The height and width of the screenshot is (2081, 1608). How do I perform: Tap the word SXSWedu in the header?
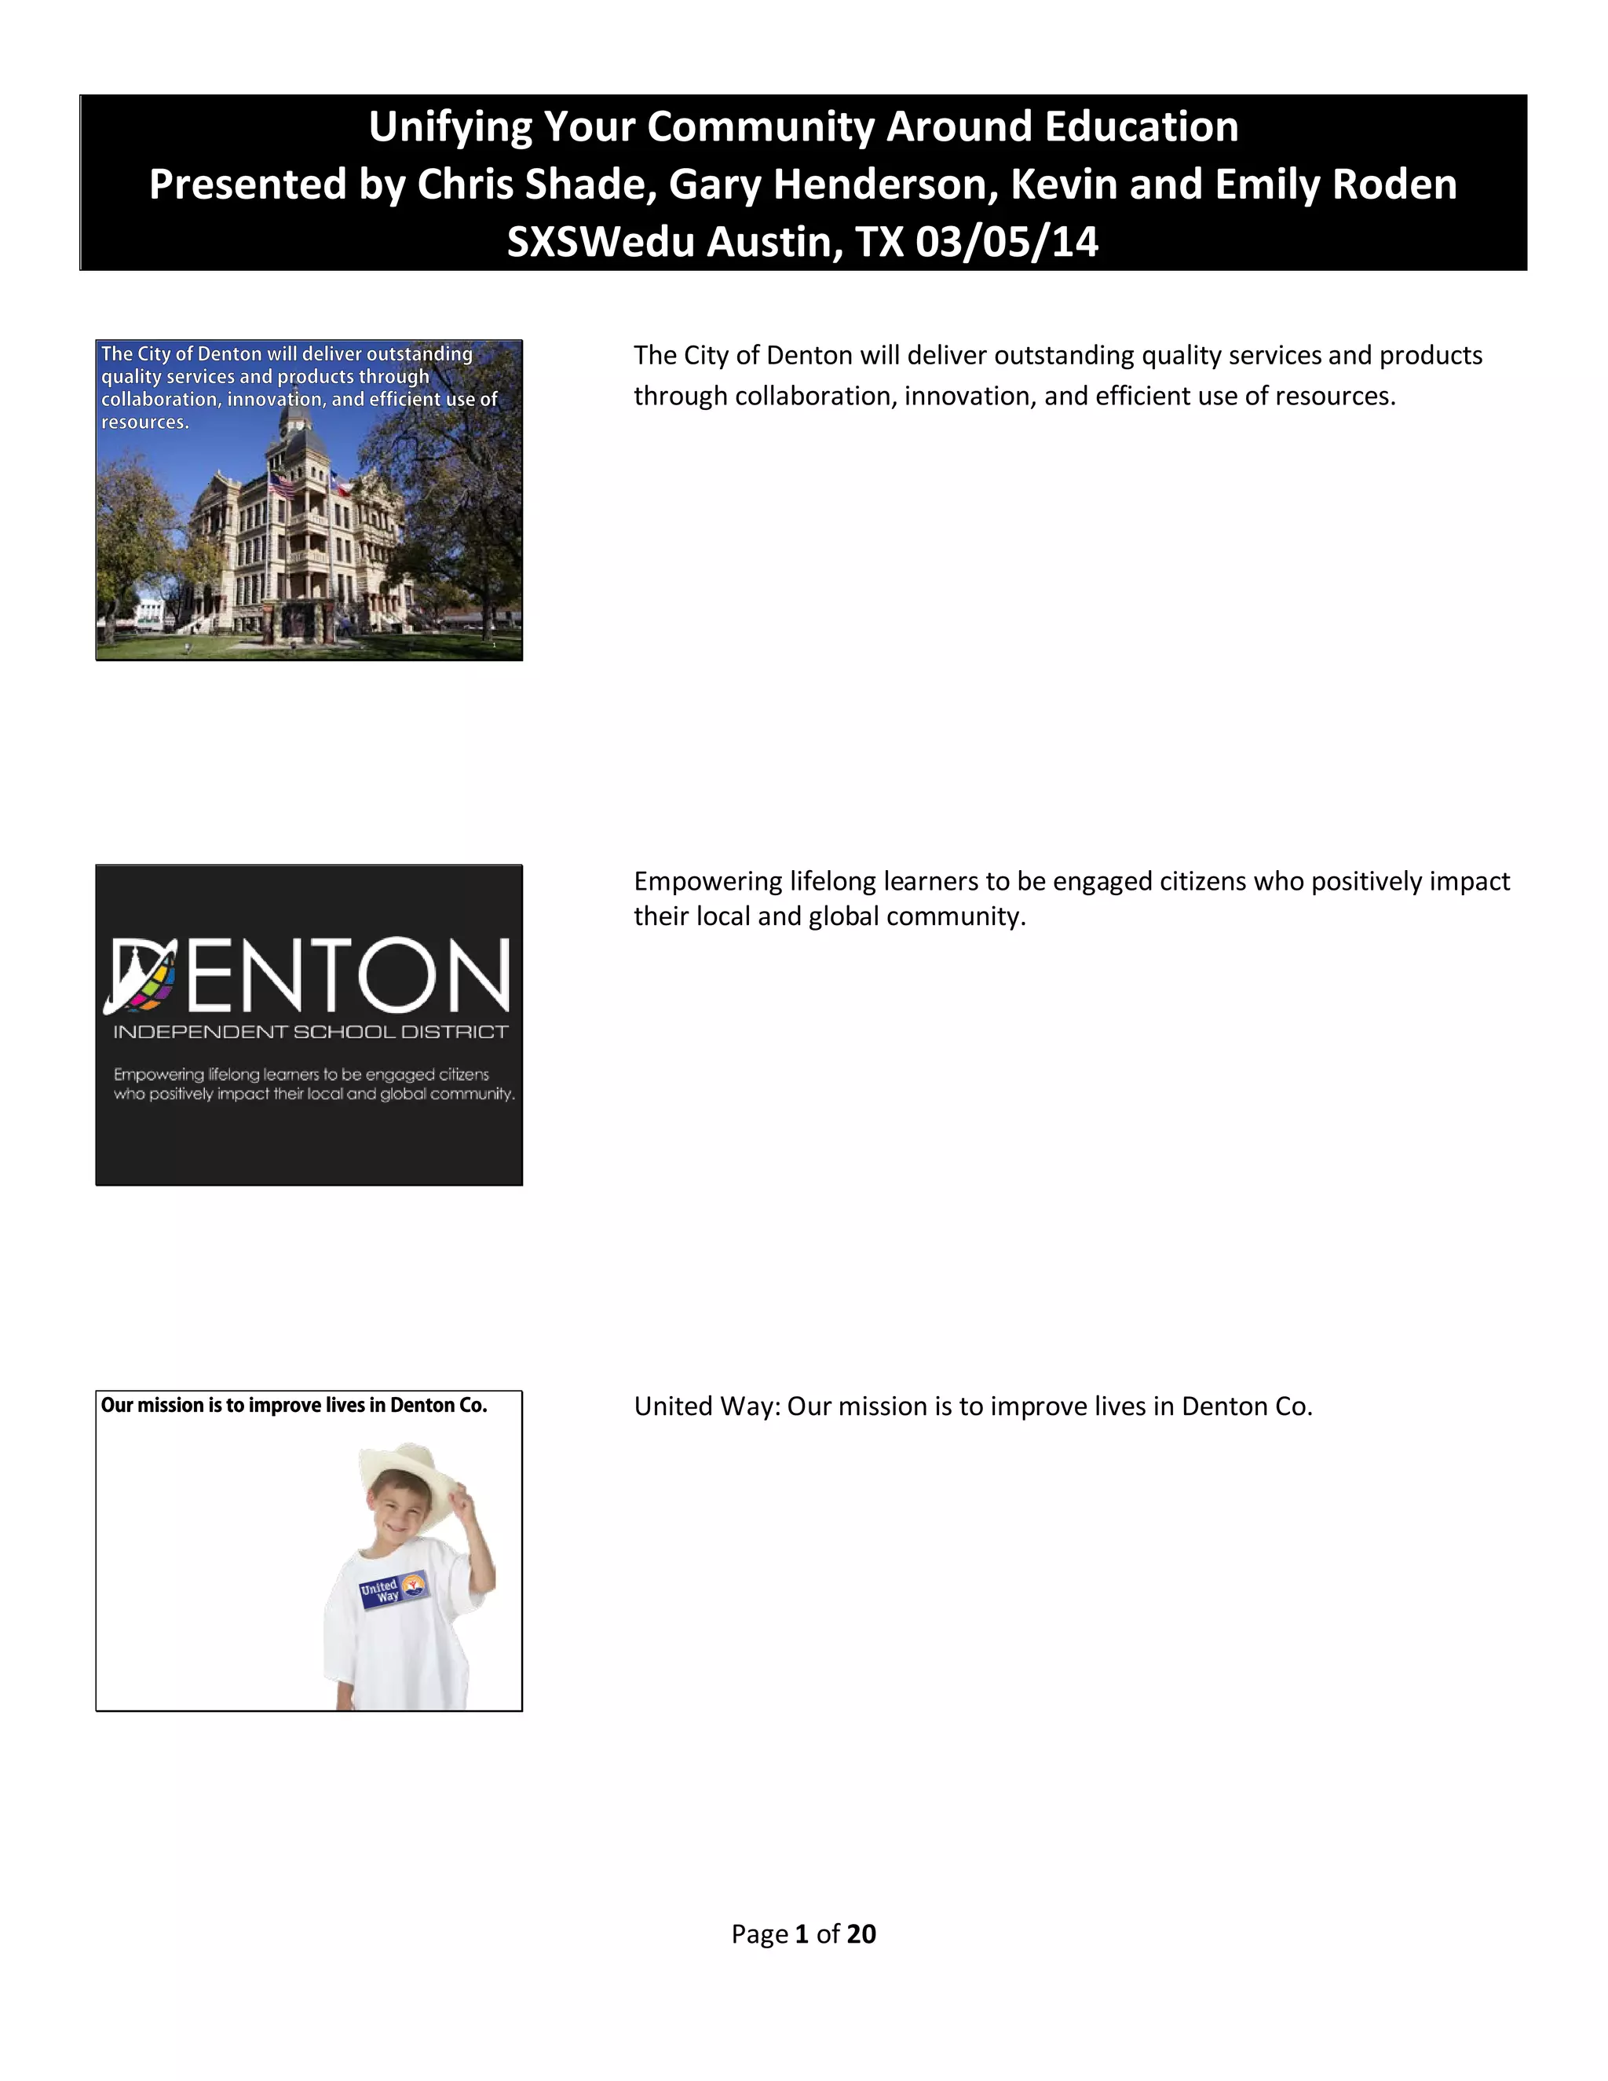coord(599,242)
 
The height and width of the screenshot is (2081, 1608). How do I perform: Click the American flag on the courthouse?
coord(282,486)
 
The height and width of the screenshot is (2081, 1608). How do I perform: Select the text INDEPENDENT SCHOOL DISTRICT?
coord(311,1032)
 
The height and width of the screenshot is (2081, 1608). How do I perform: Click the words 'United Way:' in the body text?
coord(707,1406)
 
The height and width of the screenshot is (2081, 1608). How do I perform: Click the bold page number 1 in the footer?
coord(801,1933)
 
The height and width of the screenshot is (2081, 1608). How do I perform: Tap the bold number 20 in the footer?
coord(861,1933)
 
